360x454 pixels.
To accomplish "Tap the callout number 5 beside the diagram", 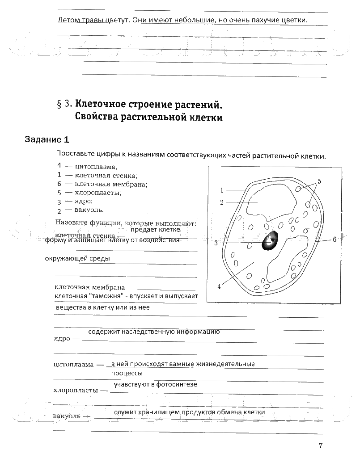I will [319, 181].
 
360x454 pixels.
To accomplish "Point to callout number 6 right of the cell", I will [334, 240].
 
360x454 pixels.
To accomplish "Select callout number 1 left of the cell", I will [221, 190].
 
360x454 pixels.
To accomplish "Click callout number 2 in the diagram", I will [221, 202].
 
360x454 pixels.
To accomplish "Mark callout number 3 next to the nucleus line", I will [216, 243].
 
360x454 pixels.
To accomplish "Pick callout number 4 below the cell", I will [219, 287].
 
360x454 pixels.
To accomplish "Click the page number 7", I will [321, 445].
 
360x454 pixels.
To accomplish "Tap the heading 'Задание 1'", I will [47, 140].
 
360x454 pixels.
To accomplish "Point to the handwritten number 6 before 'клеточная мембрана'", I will [59, 184].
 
